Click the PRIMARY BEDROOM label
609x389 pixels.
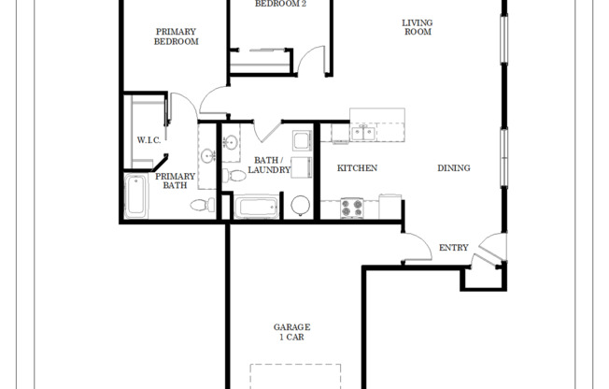(x=176, y=36)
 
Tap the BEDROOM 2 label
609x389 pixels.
(x=281, y=5)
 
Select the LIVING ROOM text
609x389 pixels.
(x=417, y=27)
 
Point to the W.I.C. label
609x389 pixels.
(x=149, y=141)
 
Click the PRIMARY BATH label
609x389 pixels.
(x=176, y=180)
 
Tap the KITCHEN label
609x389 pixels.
(x=357, y=168)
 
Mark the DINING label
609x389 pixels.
(x=453, y=168)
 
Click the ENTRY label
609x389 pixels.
(x=453, y=248)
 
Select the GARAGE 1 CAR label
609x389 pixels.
(x=291, y=332)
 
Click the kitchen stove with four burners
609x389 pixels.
(x=352, y=208)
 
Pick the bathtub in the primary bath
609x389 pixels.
(x=135, y=196)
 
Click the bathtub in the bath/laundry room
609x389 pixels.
(x=256, y=207)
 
